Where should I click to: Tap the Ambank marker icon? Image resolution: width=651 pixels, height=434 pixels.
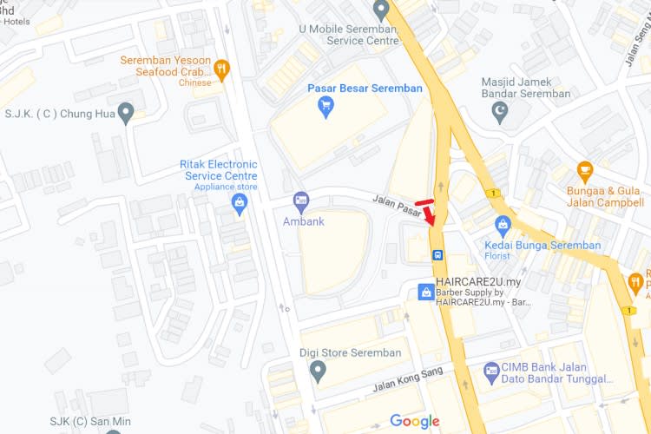[x=301, y=201]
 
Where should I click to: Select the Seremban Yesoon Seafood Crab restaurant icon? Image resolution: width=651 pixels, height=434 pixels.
[x=222, y=69]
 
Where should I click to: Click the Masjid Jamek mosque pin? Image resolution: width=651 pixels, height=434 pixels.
[x=499, y=111]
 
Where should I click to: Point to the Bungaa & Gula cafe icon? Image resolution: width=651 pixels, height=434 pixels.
[x=584, y=170]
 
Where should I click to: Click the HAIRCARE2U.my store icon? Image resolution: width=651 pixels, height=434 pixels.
[x=425, y=293]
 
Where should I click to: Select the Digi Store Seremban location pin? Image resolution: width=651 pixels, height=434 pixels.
[x=318, y=372]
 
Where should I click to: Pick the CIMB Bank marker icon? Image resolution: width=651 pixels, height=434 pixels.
[x=491, y=369]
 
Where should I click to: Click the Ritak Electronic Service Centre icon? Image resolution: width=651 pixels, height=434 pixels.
[x=240, y=203]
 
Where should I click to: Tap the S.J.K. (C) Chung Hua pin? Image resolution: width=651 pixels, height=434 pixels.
[x=127, y=112]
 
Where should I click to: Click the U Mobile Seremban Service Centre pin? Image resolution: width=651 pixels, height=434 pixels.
[x=380, y=10]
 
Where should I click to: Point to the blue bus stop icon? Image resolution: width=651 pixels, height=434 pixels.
[x=437, y=255]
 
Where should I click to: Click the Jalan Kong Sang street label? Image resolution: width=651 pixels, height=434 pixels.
[x=408, y=379]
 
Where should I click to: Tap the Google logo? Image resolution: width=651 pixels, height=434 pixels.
[x=414, y=422]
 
